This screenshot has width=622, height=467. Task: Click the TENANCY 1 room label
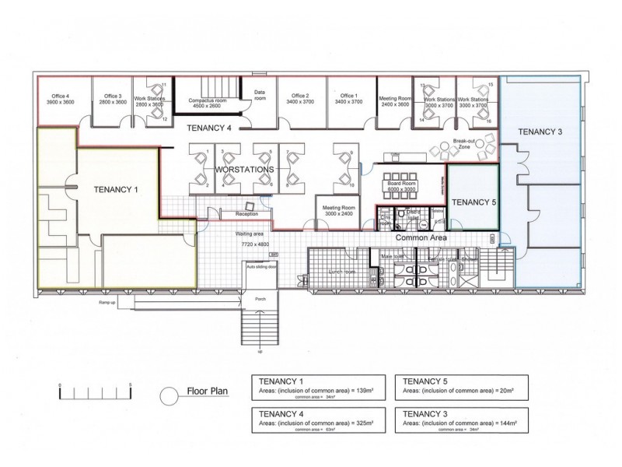coord(116,189)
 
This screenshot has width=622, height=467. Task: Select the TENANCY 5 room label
coord(473,202)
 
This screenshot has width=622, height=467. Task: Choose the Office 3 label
coord(108,99)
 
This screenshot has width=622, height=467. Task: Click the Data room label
coord(260,96)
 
